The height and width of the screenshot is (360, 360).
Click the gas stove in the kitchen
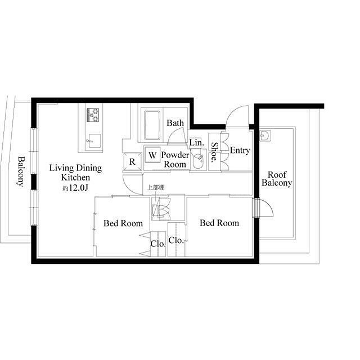click(x=93, y=115)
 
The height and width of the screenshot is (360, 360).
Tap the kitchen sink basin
click(x=94, y=141)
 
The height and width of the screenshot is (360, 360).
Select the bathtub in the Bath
click(x=152, y=125)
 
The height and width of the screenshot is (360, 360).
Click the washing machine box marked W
click(x=152, y=155)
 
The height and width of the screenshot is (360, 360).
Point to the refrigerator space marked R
click(x=133, y=161)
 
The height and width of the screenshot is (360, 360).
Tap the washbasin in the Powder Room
click(x=198, y=161)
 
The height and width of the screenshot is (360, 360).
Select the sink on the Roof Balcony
click(x=265, y=136)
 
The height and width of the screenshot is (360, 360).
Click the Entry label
click(x=240, y=151)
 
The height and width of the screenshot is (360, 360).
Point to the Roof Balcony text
click(x=277, y=179)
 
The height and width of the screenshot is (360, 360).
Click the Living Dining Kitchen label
click(x=75, y=173)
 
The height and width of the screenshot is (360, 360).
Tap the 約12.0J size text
click(x=75, y=188)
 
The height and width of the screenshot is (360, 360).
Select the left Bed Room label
click(x=123, y=223)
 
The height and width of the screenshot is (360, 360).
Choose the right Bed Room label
click(x=219, y=223)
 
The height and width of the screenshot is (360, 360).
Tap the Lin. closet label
click(x=196, y=142)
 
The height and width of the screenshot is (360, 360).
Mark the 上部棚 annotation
click(x=156, y=187)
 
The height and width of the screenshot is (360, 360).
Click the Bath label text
click(x=175, y=123)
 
